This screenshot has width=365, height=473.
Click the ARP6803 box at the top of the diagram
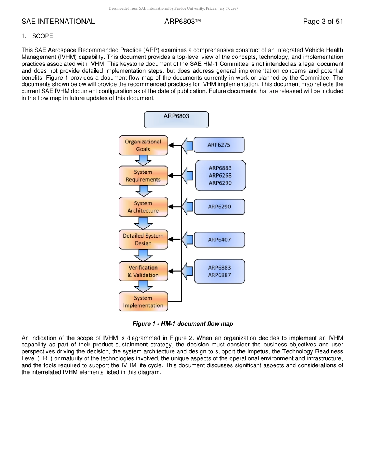tap(176, 119)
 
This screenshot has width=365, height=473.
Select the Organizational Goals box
tap(143, 145)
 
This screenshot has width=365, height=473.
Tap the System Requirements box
tap(143, 176)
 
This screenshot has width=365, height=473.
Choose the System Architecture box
tap(143, 207)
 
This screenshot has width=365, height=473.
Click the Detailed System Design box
tap(143, 240)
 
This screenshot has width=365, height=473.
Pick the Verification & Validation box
tap(143, 271)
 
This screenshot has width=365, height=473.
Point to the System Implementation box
tap(143, 302)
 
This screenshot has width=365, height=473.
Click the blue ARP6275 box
tap(219, 145)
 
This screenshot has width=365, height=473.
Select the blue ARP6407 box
tap(219, 240)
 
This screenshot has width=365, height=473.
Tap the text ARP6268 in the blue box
tap(220, 175)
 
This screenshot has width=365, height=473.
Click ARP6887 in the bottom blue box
tap(219, 275)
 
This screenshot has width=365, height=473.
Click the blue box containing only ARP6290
tap(219, 207)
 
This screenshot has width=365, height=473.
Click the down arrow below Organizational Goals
tap(143, 160)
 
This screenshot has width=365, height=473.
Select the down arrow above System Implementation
tap(143, 286)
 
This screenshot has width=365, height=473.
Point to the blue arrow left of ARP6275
tap(187, 145)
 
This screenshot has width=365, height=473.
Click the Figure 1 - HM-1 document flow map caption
tap(182, 324)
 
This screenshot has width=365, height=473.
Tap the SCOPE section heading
tap(42, 36)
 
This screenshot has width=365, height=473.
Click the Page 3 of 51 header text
tap(323, 22)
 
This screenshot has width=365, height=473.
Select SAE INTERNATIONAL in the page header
tap(58, 22)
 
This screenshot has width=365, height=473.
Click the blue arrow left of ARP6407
tap(187, 240)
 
